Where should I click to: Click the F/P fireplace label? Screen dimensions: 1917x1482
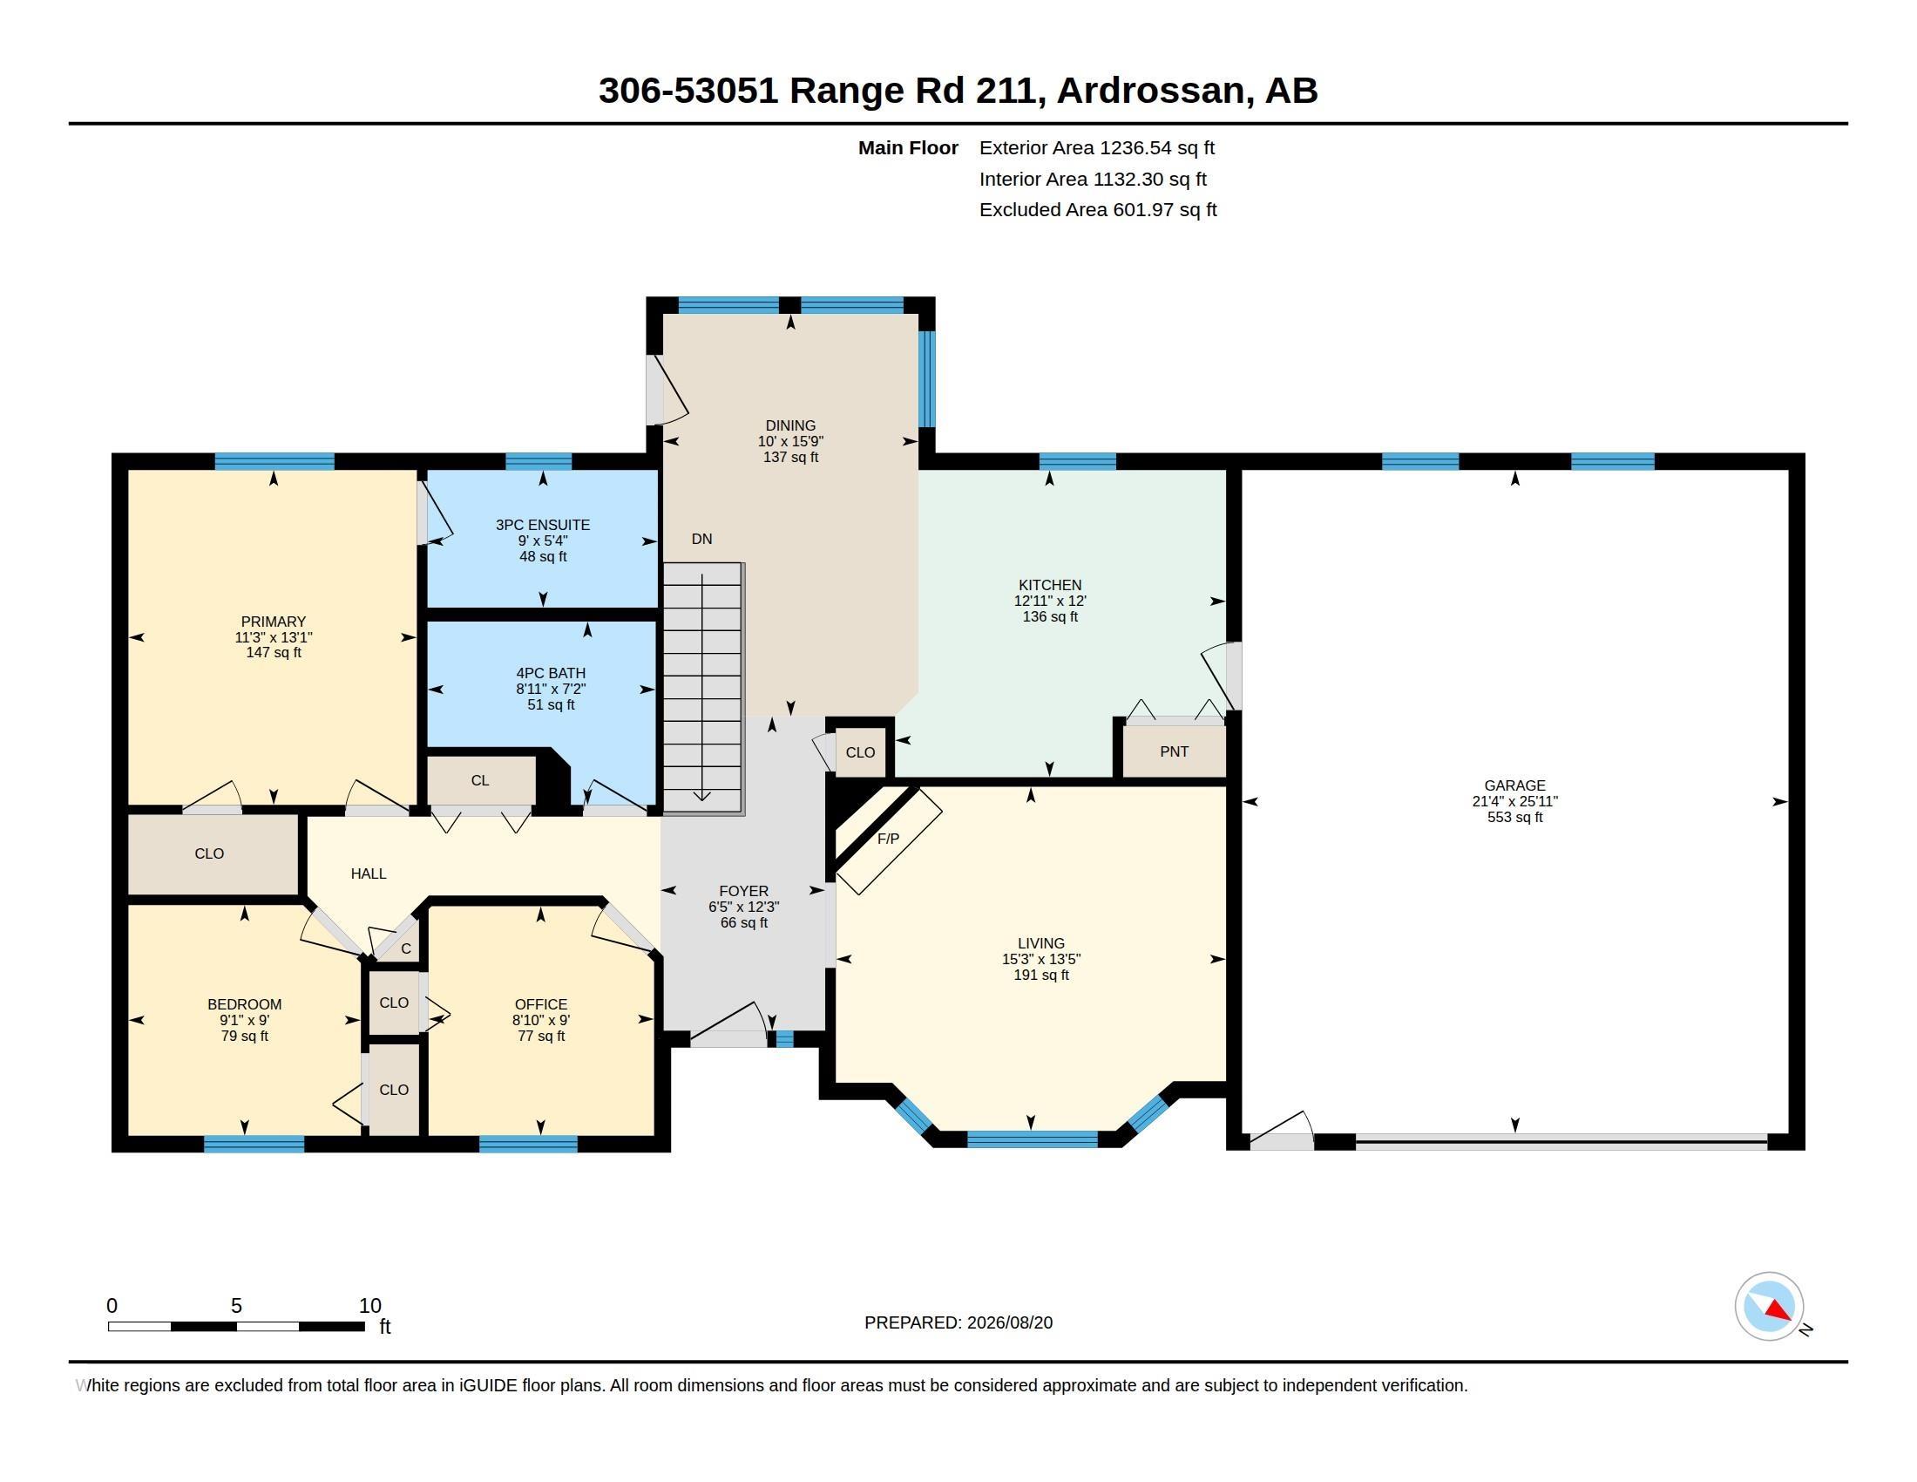pos(888,839)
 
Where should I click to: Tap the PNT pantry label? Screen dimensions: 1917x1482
pos(1174,751)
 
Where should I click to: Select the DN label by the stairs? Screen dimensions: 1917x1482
pos(701,539)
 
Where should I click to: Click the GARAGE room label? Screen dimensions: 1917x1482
pos(1514,785)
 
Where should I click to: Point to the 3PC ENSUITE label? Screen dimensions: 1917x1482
pos(543,525)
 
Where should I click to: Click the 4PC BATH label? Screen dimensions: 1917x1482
pos(551,673)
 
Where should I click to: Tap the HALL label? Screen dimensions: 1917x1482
pos(369,874)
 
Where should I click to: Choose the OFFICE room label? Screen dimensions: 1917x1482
pos(541,1004)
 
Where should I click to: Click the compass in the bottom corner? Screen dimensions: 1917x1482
pos(1770,1307)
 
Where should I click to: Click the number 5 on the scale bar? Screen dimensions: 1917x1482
pos(236,1306)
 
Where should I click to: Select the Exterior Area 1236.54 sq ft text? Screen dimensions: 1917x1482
pos(1096,147)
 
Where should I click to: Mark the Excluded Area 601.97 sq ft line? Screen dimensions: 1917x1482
pos(1098,210)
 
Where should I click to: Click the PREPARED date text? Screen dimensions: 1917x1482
pos(958,1322)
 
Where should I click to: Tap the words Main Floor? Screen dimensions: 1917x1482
pos(908,147)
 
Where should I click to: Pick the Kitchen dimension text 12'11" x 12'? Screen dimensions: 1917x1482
pos(1050,602)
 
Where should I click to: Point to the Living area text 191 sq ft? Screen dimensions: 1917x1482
pos(1041,975)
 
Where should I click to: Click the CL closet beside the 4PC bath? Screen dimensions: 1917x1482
pos(480,780)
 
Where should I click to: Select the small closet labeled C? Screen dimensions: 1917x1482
pos(405,949)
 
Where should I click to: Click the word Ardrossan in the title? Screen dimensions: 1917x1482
pos(1155,90)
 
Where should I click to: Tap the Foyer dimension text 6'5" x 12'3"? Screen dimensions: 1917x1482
pos(743,907)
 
